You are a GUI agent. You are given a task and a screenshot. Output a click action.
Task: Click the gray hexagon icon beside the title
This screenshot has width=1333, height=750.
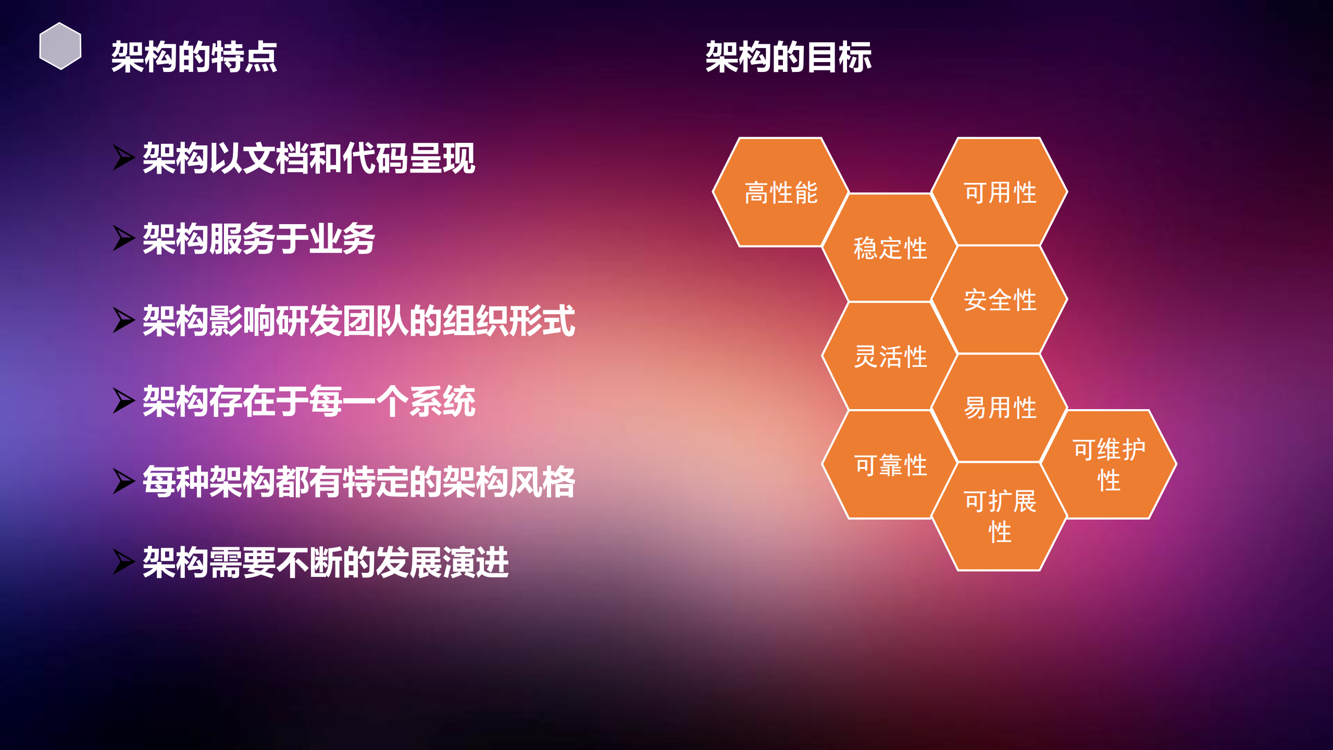tap(60, 46)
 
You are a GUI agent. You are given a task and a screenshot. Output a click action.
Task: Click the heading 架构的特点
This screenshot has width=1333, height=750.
tap(194, 57)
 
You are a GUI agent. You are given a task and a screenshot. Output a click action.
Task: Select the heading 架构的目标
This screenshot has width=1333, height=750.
tap(788, 57)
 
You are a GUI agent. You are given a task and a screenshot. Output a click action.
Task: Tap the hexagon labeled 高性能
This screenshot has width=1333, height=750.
tap(780, 192)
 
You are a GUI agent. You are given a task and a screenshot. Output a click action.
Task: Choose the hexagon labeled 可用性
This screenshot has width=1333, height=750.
tap(999, 192)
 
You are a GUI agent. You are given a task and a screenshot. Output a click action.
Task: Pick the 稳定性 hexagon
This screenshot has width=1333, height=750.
tap(890, 248)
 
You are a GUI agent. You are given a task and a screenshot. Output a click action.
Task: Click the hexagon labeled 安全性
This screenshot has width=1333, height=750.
tap(999, 300)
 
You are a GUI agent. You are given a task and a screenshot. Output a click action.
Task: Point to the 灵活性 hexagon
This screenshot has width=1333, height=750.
tap(890, 356)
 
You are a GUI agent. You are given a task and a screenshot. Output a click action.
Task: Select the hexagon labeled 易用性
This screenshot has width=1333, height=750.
tap(999, 408)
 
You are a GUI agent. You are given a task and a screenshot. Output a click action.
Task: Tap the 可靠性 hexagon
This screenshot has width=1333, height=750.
tap(890, 464)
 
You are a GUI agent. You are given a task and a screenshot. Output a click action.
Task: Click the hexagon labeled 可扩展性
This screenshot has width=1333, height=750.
tap(999, 517)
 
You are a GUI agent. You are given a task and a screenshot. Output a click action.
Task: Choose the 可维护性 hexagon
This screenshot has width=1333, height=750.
tap(1108, 464)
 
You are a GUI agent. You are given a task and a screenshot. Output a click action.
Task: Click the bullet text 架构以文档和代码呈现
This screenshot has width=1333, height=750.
tap(308, 158)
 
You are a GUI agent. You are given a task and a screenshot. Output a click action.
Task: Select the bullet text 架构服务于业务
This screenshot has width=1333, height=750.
tap(258, 239)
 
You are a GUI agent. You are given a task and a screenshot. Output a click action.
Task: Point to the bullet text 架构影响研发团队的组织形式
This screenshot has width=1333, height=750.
tap(358, 320)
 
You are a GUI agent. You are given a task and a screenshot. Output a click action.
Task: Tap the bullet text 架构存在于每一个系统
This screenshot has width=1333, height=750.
tap(308, 401)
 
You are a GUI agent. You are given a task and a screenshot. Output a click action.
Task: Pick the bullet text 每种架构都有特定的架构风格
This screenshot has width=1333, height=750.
tap(358, 482)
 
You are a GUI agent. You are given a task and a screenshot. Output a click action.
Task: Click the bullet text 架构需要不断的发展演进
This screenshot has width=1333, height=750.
tap(325, 562)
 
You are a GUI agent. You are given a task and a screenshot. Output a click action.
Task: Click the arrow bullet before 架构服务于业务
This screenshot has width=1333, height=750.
tap(123, 239)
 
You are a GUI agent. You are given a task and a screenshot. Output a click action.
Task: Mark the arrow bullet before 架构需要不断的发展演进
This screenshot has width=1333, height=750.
tap(123, 562)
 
